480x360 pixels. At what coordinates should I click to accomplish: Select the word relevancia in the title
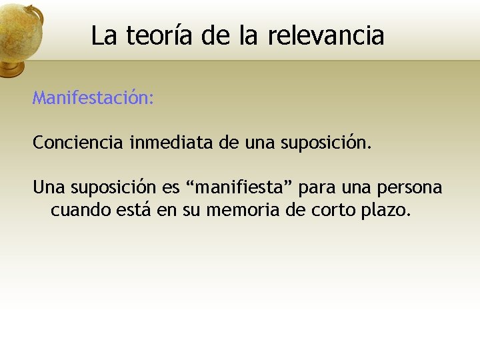click(x=326, y=36)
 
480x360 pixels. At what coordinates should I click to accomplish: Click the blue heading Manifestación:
click(x=93, y=99)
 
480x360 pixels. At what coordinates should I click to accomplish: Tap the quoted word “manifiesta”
click(x=243, y=187)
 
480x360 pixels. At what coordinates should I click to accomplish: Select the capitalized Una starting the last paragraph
click(x=49, y=187)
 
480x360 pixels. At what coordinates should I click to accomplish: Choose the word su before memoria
click(x=192, y=211)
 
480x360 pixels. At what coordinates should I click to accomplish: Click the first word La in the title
click(x=103, y=36)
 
